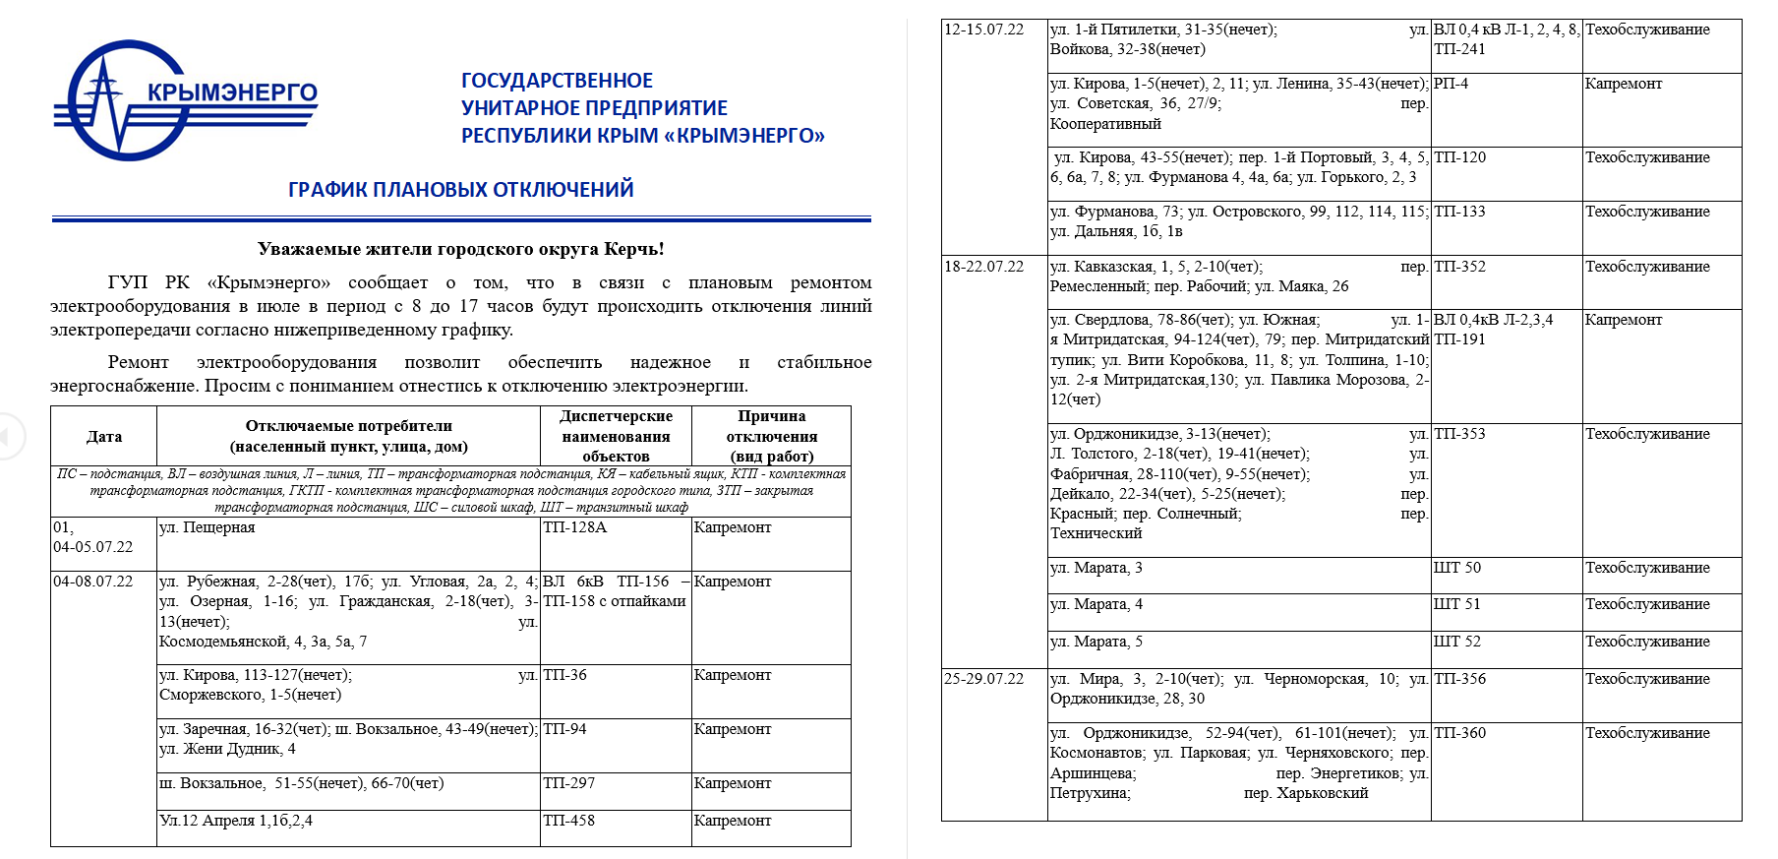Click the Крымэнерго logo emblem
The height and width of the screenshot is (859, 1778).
coord(118,100)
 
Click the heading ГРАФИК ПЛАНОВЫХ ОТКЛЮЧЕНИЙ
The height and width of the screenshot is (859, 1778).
coord(460,190)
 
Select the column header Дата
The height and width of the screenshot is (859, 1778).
coord(103,437)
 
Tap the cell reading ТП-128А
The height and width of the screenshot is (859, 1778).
coord(574,528)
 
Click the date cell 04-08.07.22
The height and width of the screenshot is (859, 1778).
coord(92,583)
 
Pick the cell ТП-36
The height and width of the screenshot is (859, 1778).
coord(564,676)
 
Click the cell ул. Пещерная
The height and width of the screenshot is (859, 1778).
coord(207,528)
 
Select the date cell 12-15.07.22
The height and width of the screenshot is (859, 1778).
coord(983,31)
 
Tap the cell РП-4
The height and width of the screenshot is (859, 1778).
coord(1451,85)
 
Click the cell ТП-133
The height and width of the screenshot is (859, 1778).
coord(1459,213)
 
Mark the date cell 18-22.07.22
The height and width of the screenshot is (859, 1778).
coord(983,268)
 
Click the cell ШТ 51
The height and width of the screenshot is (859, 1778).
coord(1456,605)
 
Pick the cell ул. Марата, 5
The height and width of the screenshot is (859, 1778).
coord(1096,643)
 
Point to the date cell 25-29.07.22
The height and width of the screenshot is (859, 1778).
coord(983,680)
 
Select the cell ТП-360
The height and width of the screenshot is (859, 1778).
coord(1459,734)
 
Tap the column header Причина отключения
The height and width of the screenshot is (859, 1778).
coord(771,436)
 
